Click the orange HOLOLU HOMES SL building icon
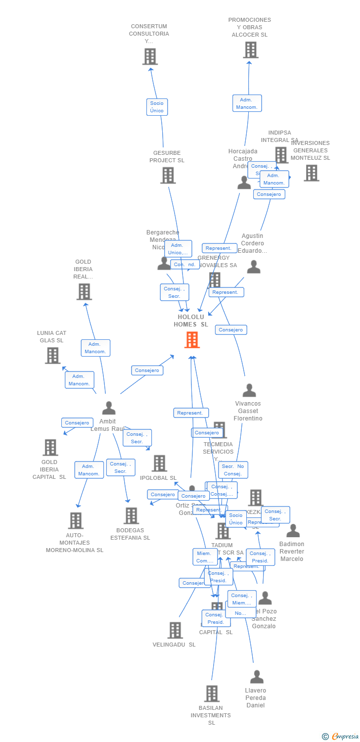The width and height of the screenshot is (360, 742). [192, 340]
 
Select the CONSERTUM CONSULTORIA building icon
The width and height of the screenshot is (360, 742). [150, 56]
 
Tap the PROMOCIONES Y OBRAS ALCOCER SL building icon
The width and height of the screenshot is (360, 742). [250, 50]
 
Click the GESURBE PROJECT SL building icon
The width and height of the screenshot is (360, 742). [168, 175]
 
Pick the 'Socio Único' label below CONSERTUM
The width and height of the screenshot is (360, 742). [157, 107]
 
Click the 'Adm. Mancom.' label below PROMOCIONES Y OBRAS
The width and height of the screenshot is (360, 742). [247, 103]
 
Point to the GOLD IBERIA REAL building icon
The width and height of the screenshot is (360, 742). [84, 292]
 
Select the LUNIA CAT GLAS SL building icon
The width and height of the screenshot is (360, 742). [52, 355]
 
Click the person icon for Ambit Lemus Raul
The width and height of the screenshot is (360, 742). [109, 408]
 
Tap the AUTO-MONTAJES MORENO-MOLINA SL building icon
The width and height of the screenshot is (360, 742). [75, 520]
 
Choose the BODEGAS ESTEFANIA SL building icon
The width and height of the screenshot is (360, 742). [131, 515]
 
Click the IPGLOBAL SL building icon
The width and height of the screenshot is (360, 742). [159, 464]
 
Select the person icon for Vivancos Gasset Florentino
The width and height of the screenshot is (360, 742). [249, 390]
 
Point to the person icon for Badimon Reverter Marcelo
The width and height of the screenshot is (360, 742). [293, 531]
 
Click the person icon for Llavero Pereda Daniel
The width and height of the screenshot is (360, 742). [257, 677]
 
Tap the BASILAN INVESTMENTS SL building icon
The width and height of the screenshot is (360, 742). [212, 694]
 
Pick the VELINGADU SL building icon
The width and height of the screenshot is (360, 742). [175, 630]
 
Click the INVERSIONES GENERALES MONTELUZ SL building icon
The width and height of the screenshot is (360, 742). [311, 173]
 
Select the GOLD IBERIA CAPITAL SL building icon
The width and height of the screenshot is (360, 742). [50, 447]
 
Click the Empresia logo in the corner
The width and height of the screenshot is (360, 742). [340, 737]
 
